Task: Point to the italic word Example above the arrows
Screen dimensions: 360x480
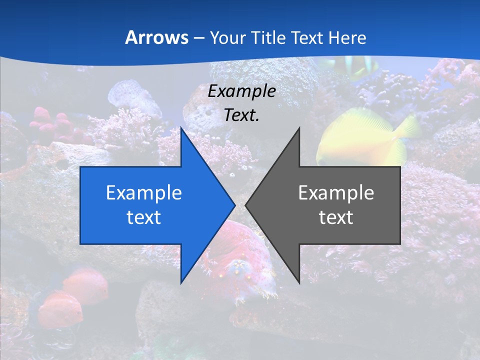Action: (242, 91)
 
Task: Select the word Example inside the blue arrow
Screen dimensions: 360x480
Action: (144, 192)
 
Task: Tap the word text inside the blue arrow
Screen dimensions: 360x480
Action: (144, 217)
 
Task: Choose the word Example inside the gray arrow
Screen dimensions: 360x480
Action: (336, 192)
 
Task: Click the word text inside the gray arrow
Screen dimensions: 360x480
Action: (336, 217)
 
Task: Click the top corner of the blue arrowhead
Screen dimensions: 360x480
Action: (181, 128)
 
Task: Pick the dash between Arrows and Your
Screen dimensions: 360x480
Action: (199, 38)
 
